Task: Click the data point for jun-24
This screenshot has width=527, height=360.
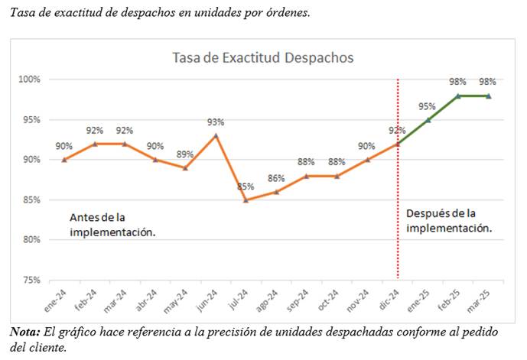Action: pyautogui.click(x=216, y=135)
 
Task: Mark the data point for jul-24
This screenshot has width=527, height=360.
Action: pyautogui.click(x=246, y=200)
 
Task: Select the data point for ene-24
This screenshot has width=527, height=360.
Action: pyautogui.click(x=64, y=160)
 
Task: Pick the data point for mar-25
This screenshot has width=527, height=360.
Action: pyautogui.click(x=488, y=96)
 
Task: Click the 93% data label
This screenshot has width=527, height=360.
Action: pyautogui.click(x=216, y=122)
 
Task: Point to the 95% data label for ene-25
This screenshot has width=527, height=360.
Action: pyautogui.click(x=427, y=106)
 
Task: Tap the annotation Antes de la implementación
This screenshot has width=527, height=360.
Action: pyautogui.click(x=112, y=225)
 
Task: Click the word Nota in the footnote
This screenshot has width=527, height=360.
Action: pyautogui.click(x=25, y=332)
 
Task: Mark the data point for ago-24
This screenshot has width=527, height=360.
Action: pyautogui.click(x=276, y=192)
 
